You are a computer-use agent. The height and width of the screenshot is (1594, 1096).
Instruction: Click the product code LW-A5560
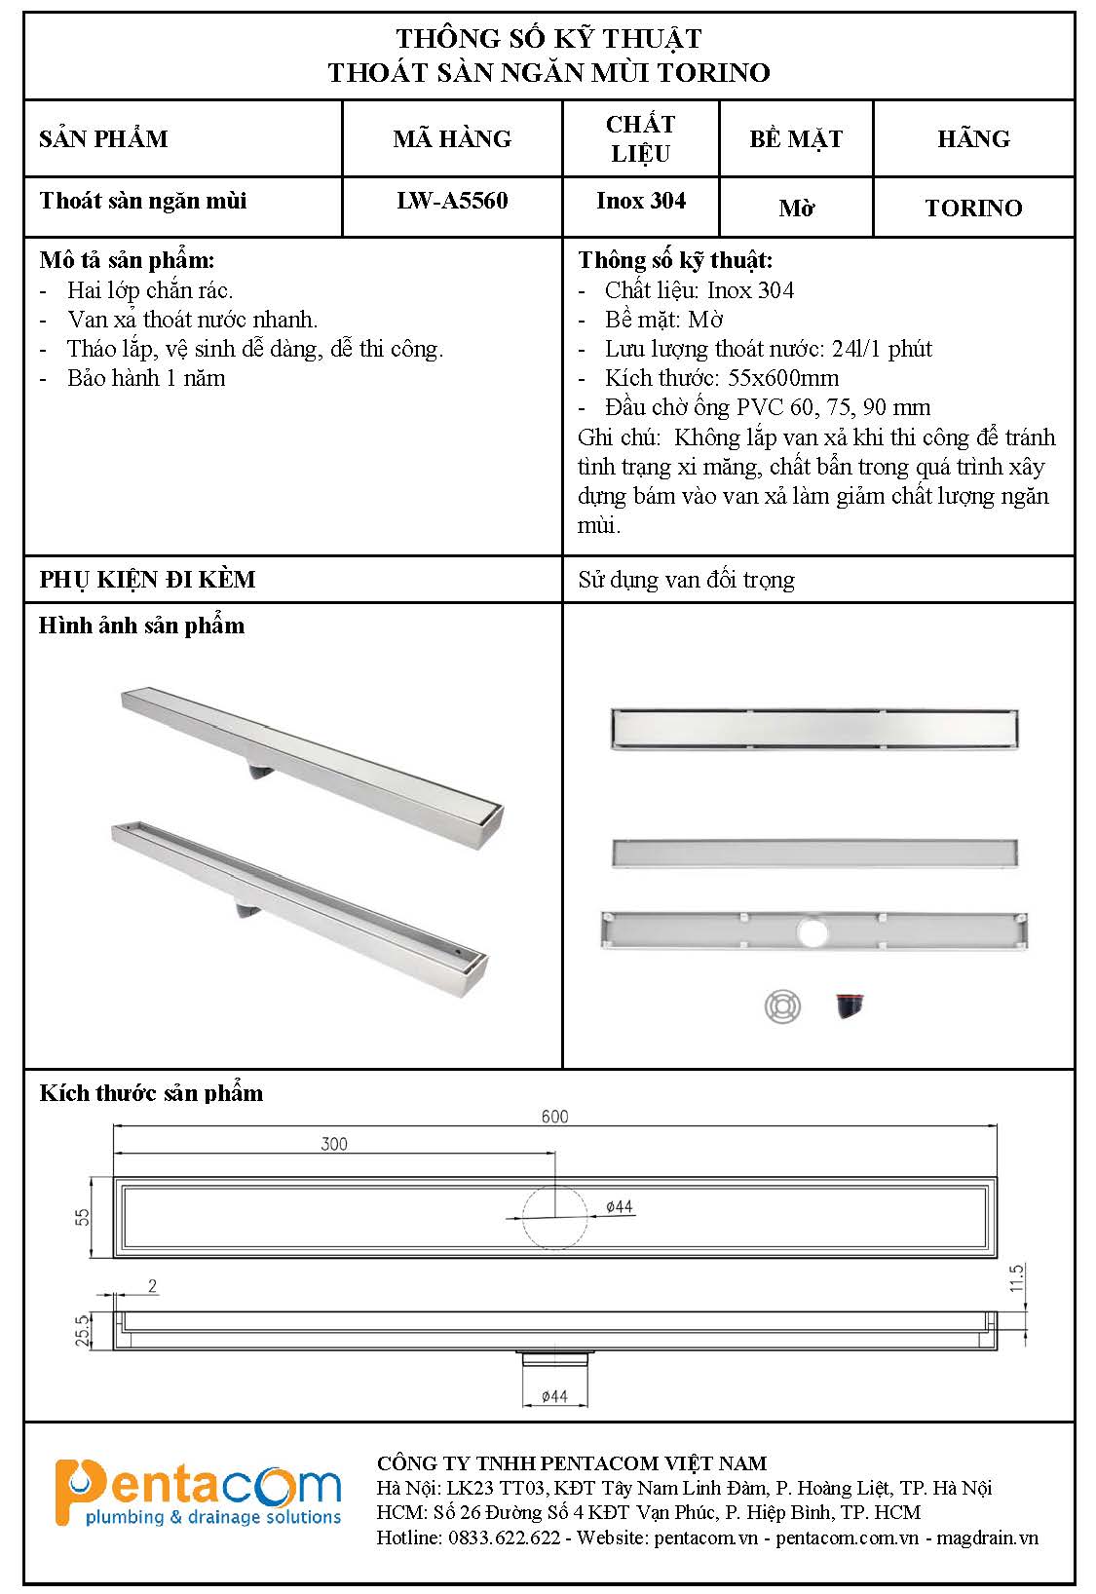pos(452,201)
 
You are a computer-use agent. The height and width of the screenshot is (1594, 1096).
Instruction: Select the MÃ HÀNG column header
pos(452,138)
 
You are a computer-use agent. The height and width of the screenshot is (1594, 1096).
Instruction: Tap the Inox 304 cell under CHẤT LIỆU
pos(641,201)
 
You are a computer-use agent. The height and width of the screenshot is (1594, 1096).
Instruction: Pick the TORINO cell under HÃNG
pos(973,208)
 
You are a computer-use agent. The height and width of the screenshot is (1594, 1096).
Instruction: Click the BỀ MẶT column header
pos(796,138)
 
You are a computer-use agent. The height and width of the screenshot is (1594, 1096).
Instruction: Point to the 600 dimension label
pos(554,1117)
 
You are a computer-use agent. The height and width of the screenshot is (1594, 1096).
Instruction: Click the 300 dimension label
pos(334,1144)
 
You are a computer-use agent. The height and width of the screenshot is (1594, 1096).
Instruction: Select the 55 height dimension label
pos(83,1217)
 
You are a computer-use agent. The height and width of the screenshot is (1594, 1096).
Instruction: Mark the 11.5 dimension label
pos(1017,1278)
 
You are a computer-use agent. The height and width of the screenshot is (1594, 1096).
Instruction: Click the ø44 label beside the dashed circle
pos(620,1206)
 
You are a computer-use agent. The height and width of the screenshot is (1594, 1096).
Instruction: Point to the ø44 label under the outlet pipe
pos(553,1396)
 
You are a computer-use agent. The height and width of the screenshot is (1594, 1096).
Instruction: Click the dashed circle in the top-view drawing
pos(555,1218)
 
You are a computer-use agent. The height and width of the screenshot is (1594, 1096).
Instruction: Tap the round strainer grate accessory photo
pos(782,1006)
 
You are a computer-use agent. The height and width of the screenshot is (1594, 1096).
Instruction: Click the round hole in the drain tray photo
pos(812,932)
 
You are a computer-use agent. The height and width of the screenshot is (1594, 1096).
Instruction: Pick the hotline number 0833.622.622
pos(504,1537)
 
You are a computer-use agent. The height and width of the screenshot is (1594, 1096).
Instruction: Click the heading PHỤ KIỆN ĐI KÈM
pos(147,580)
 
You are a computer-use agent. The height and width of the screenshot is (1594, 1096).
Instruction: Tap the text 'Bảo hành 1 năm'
pos(146,378)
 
